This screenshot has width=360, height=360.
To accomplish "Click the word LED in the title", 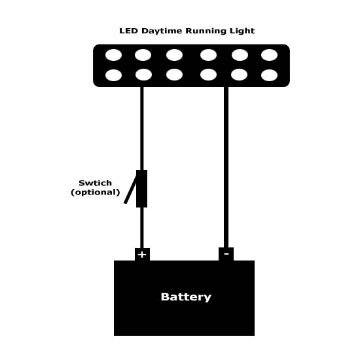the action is coord(128,31).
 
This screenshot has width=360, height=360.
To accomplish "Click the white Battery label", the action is coord(186,297).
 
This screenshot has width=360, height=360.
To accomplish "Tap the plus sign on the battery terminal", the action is coord(142,255).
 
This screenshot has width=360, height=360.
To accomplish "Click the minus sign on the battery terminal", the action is coord(226,254).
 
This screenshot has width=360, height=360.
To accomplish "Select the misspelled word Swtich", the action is coord(95,183).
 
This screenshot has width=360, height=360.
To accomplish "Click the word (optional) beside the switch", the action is coord(96,192).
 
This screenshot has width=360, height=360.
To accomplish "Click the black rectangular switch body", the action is coord(141,189).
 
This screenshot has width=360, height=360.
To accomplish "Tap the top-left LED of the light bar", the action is coord(113,55).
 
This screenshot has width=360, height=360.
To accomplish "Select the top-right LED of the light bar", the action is coord(269,55).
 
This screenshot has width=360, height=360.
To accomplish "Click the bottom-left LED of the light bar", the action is coord(113,75).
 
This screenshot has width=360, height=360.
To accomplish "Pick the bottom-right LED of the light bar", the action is coord(269,75).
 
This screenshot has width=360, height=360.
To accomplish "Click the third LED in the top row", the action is coord(174,55).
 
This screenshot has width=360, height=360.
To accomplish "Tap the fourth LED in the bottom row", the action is coord(208,75).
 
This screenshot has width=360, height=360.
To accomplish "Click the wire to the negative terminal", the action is coord(226,167).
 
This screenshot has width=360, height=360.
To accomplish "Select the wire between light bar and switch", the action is coord(142,128).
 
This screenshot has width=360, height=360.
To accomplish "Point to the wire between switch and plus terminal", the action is coord(142,228).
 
